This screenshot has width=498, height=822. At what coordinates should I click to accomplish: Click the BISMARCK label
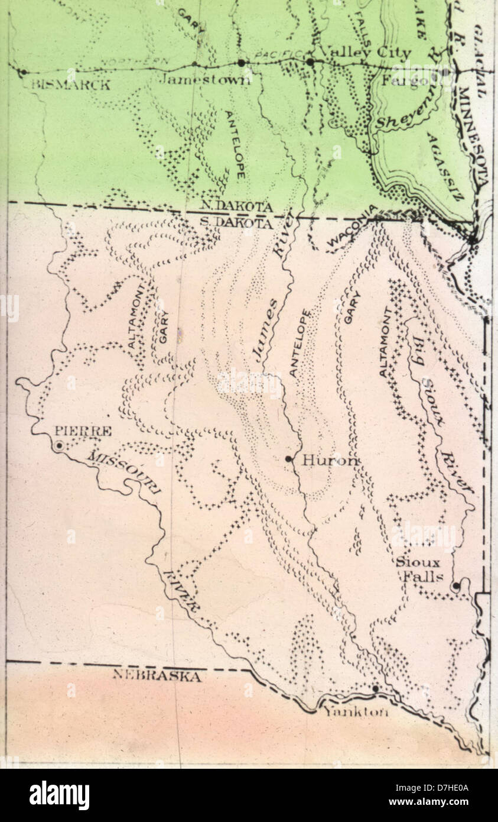coord(70,85)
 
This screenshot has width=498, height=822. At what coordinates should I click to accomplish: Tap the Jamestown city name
coord(204,79)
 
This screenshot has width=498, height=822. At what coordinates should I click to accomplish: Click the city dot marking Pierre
coord(59,446)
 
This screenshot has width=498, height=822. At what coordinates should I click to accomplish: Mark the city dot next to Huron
coord(288,459)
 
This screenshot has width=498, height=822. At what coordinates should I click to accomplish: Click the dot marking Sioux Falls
coord(455,586)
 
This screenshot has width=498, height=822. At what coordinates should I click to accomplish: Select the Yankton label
coord(355,713)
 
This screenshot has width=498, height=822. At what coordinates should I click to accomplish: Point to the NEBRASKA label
coord(157,676)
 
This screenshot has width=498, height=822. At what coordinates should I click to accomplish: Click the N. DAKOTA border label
coord(236,207)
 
